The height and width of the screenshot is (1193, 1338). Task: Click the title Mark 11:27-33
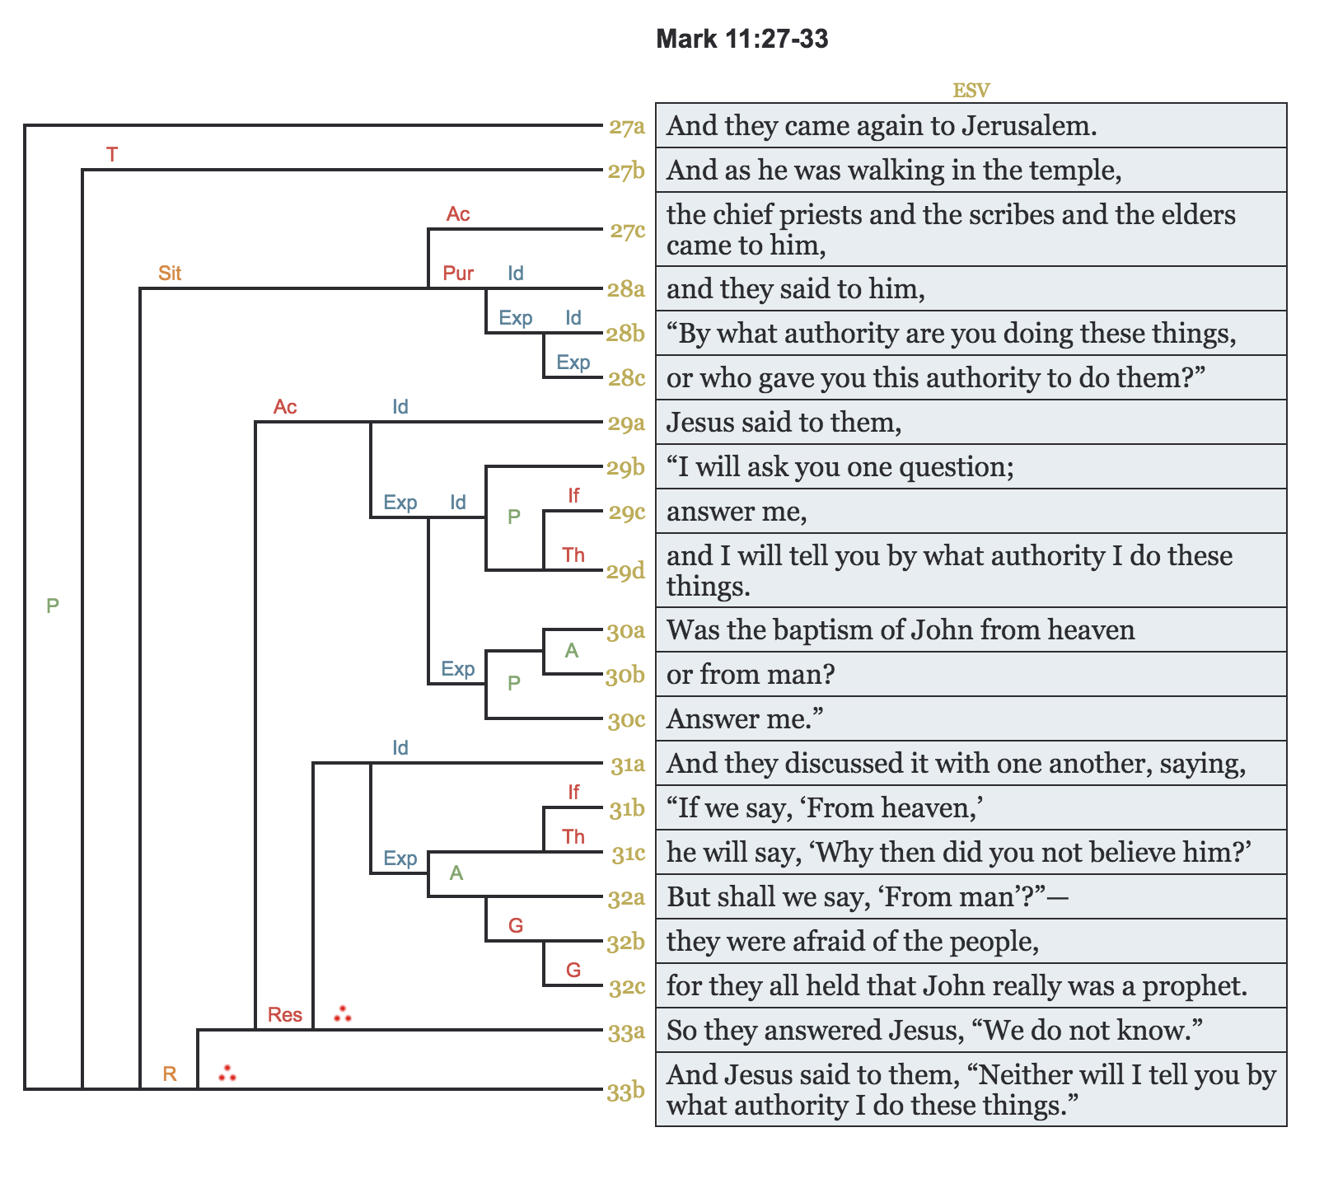pos(742,39)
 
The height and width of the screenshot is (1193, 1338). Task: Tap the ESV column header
pos(971,91)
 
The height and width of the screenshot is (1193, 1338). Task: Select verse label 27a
pos(626,127)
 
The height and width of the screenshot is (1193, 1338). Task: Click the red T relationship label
pos(112,154)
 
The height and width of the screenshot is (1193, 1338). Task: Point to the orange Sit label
pos(170,273)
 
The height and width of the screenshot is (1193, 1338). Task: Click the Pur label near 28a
pos(458,273)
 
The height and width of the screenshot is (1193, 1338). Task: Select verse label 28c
pos(626,379)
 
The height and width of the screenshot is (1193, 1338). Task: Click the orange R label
pos(170,1074)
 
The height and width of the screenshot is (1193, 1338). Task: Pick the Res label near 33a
pos(285,1014)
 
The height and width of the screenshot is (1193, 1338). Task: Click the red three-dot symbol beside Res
pos(343,1014)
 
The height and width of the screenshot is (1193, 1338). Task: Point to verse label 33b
pos(626,1092)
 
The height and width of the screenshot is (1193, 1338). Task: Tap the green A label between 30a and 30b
pos(572,651)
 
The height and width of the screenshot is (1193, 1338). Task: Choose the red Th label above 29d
pos(573,554)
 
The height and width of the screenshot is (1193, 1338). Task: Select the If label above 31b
pos(573,792)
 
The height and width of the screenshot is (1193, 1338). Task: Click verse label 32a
pos(626,898)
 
